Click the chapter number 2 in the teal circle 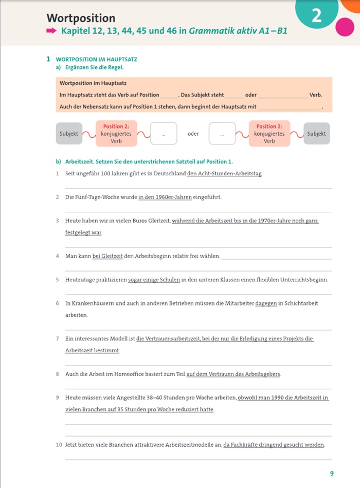coord(316,16)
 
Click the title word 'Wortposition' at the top coord(81,19)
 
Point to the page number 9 coord(332,474)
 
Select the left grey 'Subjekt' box coord(69,134)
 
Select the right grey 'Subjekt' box coord(316,134)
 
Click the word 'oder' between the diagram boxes coord(193,134)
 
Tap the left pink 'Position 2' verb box coord(116,134)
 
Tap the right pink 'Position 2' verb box coord(269,134)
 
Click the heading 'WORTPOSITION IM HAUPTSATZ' coord(96,60)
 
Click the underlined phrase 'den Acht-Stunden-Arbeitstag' coord(225,174)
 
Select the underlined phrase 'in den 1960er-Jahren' coord(168,197)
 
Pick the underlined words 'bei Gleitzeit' coord(107,256)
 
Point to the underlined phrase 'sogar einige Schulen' coord(154,280)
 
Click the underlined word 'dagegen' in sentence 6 coord(266,303)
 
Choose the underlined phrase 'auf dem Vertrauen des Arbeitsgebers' coord(233,374)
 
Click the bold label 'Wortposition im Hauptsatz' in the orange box coord(93,83)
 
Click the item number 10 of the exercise coord(59,445)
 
